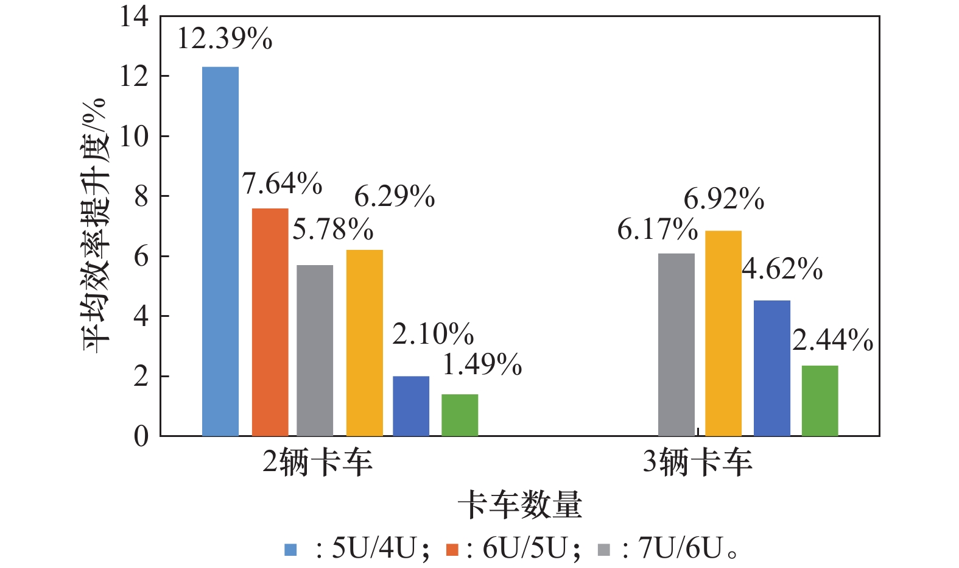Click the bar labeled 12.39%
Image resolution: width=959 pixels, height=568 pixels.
click(x=220, y=251)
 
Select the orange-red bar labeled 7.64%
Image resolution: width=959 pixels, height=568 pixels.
click(x=270, y=322)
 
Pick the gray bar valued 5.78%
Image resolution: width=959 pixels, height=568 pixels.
click(x=315, y=350)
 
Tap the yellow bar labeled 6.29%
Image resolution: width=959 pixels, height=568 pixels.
click(x=364, y=343)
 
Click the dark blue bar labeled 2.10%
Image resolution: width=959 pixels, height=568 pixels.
click(x=411, y=406)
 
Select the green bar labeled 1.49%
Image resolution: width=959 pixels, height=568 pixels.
click(x=460, y=415)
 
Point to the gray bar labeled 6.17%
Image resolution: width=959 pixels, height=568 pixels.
click(x=676, y=344)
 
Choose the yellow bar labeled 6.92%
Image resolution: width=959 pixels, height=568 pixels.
click(x=723, y=333)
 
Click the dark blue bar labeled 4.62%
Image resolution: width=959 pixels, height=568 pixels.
click(x=771, y=368)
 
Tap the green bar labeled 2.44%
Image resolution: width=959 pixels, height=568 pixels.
click(x=820, y=400)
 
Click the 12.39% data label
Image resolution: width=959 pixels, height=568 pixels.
click(x=225, y=40)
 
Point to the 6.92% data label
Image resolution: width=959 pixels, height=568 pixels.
click(x=724, y=199)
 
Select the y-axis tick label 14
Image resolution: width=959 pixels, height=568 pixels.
click(x=134, y=16)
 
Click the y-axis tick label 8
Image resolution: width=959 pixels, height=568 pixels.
click(x=141, y=196)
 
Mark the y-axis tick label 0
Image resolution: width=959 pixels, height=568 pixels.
click(x=141, y=436)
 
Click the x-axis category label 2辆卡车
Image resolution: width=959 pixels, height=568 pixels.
click(x=317, y=463)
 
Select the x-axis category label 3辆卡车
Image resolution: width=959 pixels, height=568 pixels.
click(x=698, y=463)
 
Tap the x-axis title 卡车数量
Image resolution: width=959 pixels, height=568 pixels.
click(x=520, y=505)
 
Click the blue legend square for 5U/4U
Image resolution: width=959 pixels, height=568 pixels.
click(x=290, y=550)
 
